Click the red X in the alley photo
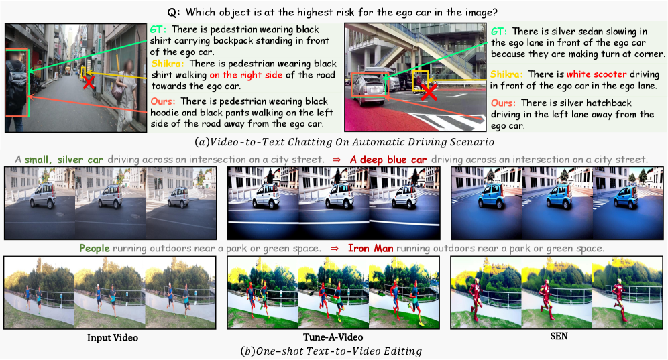88,82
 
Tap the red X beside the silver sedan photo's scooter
429,92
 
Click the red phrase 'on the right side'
246,75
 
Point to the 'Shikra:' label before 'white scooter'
506,74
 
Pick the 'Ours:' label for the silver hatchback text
503,103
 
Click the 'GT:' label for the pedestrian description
158,29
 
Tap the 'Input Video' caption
113,338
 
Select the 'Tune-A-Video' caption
333,337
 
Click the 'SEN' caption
559,336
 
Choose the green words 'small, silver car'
64,160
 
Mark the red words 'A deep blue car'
388,160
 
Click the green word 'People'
95,248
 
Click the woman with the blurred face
125,95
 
